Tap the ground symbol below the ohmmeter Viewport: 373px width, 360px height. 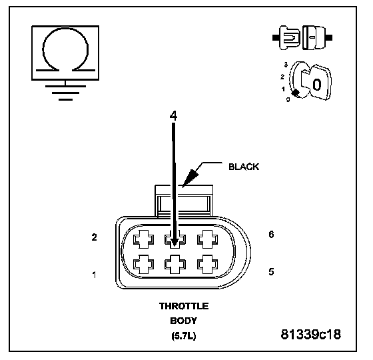(x=65, y=93)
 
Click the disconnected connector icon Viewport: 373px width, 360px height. (x=302, y=37)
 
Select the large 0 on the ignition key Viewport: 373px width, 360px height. (x=317, y=85)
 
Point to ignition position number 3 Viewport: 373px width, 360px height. (x=286, y=65)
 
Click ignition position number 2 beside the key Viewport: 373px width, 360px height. (x=282, y=77)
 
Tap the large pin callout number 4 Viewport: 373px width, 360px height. (x=173, y=116)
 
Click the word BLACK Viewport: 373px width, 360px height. (x=244, y=167)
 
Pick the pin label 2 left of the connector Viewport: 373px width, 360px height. (x=94, y=237)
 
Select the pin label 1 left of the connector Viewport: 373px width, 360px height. (x=95, y=275)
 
